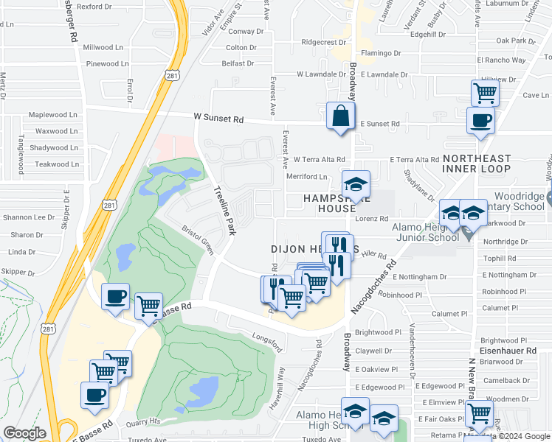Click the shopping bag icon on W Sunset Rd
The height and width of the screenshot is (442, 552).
pos(340,116)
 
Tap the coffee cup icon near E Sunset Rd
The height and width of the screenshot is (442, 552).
pos(480,121)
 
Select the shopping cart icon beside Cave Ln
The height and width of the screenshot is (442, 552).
pos(485,94)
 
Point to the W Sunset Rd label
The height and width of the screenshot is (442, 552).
pos(218,118)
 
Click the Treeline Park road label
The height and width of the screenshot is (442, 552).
pos(224,210)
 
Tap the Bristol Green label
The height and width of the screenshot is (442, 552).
pos(198,240)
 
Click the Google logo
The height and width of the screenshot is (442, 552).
pos(24,432)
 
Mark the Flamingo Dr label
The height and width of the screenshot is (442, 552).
pos(382,53)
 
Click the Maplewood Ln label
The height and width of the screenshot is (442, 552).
pos(52,115)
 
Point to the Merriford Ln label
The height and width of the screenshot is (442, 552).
pos(308,177)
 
